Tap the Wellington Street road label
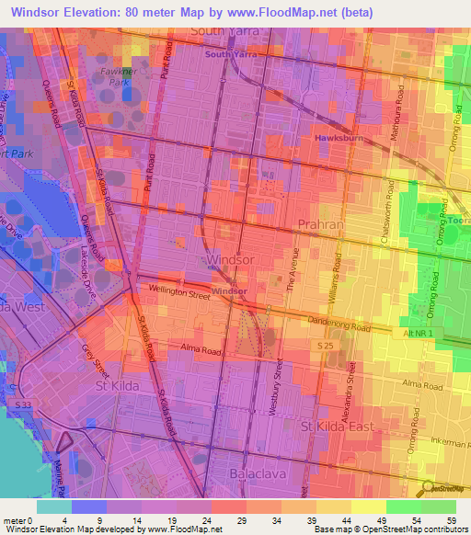pos(180,292)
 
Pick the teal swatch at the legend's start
pos(54,506)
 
